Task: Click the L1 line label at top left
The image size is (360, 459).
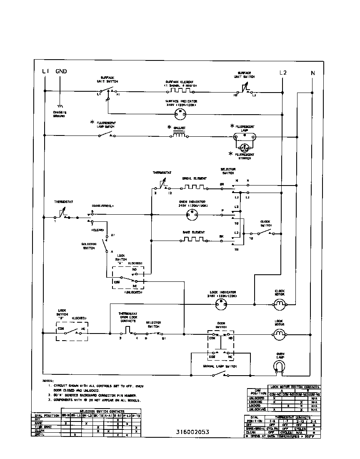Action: (x=46, y=71)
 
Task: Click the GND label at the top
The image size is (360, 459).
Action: (x=61, y=71)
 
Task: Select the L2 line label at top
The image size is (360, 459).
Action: (x=283, y=72)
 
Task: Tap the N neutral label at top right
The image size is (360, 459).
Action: (x=312, y=73)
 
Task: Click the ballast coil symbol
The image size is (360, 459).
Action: (x=179, y=135)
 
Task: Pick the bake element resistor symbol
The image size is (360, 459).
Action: (x=193, y=240)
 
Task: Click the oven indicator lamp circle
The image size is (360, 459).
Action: (x=193, y=215)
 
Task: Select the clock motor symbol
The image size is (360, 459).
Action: (x=279, y=305)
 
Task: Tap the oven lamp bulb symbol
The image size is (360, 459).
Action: (x=279, y=367)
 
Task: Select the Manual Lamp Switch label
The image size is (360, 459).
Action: (x=220, y=366)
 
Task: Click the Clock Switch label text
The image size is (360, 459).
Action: (x=266, y=223)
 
